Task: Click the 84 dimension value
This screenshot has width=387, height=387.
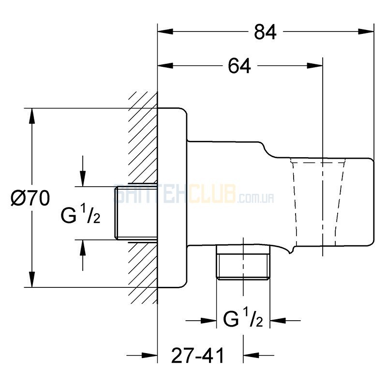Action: click(265, 32)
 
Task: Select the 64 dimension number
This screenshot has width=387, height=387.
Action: click(239, 65)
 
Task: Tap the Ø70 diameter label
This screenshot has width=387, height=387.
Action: click(30, 198)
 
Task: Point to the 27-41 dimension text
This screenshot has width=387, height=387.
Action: click(198, 357)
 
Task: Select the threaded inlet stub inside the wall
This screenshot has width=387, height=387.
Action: click(135, 213)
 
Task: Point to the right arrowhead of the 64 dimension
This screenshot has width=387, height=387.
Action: click(316, 65)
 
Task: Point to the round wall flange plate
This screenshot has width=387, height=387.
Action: click(172, 198)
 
